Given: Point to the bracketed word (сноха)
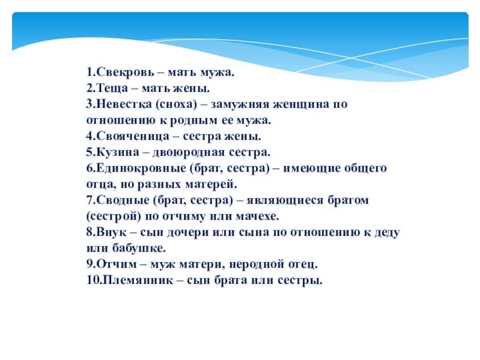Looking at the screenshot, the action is [176, 104].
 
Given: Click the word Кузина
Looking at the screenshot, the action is [118, 152].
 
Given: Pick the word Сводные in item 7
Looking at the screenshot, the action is [125, 200].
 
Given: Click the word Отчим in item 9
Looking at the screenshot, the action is [116, 263].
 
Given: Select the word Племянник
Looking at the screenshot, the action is [138, 280].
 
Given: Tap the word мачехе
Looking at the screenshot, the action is [257, 216].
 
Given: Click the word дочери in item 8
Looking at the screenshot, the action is [188, 232].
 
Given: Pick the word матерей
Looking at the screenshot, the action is [211, 184].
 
